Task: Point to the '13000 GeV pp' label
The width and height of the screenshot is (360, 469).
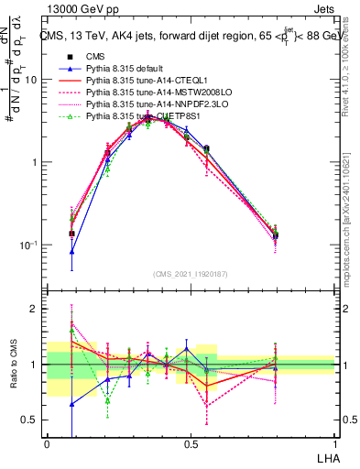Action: point(75,7)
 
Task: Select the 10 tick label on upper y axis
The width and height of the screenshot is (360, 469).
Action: point(31,80)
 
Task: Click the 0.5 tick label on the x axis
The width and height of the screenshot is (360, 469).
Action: point(191,442)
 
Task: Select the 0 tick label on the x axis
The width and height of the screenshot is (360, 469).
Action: point(47,442)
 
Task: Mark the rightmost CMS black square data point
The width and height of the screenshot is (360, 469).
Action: point(300,235)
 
